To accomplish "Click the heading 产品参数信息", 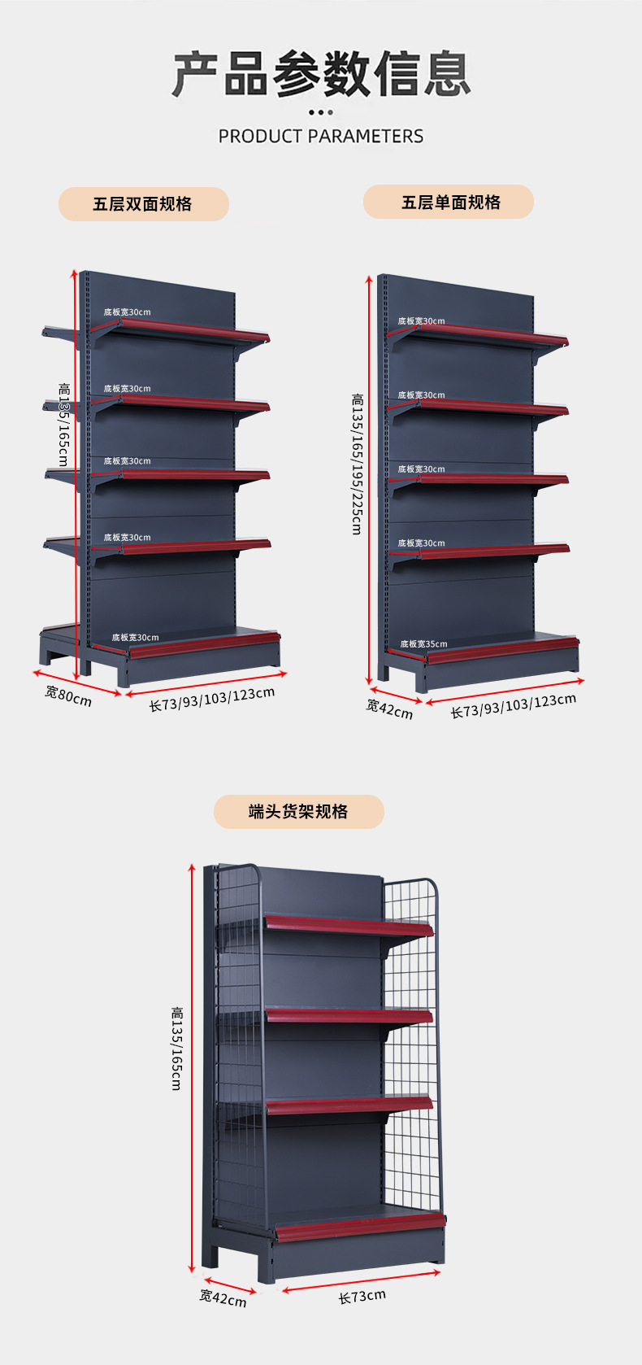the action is click(x=321, y=75).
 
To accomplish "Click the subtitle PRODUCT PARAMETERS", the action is click(x=321, y=136).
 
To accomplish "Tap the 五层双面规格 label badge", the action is click(x=143, y=204).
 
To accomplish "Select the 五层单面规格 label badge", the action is click(x=449, y=202).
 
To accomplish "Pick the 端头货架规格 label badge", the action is click(x=298, y=812).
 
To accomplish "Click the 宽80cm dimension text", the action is click(x=68, y=696).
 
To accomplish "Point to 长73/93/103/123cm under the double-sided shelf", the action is click(x=211, y=700).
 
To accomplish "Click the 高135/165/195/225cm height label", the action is click(x=358, y=464).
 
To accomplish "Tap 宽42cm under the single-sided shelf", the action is click(x=389, y=709).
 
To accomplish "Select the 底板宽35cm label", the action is click(x=423, y=644).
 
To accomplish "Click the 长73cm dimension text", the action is click(x=362, y=1297).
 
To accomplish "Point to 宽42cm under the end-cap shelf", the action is click(x=223, y=1297).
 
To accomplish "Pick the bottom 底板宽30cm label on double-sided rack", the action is click(x=135, y=638).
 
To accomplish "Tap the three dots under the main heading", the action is click(x=321, y=112).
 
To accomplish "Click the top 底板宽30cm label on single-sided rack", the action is click(x=421, y=321).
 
